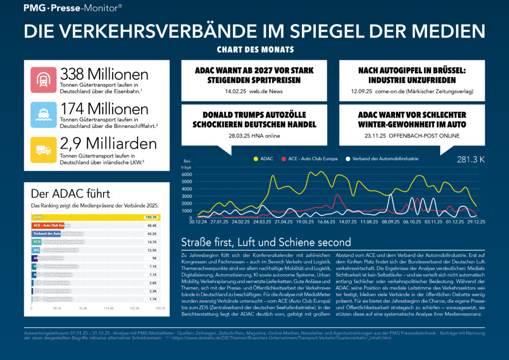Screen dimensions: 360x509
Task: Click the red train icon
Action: click(x=43, y=80)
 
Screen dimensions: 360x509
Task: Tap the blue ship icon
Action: click(x=43, y=115)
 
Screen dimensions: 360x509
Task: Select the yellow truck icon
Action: click(x=43, y=150)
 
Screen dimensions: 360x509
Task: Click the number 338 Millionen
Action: click(x=104, y=74)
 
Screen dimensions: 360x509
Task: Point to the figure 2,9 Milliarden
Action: click(x=108, y=143)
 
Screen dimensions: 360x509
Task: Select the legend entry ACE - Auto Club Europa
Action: click(x=310, y=159)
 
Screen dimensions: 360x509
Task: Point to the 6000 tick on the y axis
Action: click(x=187, y=175)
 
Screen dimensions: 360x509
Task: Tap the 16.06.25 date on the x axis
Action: click(x=326, y=222)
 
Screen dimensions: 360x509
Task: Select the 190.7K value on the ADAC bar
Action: click(x=151, y=217)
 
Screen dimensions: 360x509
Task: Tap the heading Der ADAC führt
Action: click(x=70, y=193)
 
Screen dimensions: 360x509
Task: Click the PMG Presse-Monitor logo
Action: click(x=73, y=7)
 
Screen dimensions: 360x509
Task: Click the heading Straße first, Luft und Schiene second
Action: click(x=266, y=242)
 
